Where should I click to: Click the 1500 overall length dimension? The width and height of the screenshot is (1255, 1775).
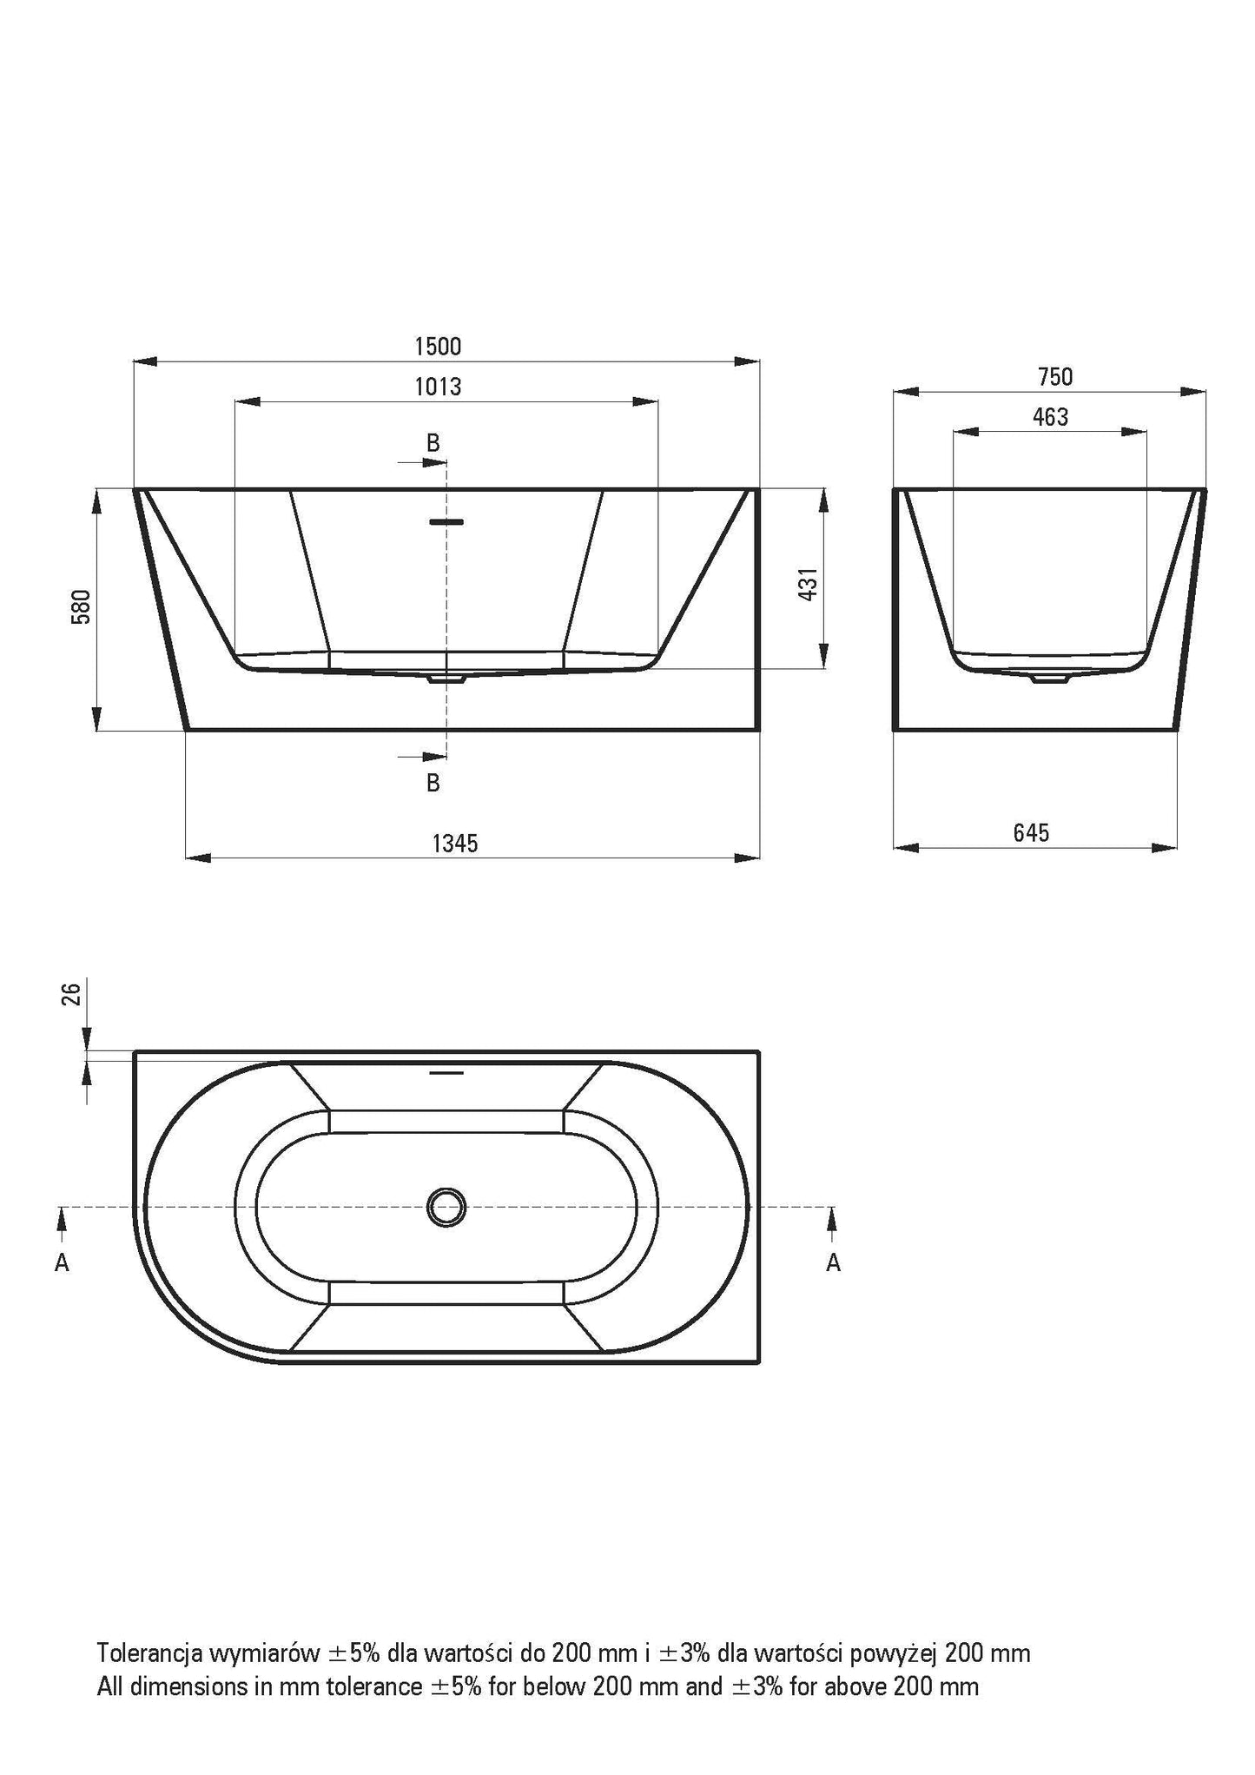coord(438,346)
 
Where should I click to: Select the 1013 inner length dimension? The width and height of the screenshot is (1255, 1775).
coord(438,387)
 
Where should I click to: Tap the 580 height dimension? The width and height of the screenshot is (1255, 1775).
coord(82,607)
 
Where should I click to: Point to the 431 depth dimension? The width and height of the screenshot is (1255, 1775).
coord(808,585)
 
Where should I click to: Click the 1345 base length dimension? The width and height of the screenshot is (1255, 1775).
coord(455,843)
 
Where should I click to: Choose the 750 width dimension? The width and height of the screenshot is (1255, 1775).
coord(1055,377)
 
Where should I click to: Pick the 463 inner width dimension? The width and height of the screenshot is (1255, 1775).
coord(1050,418)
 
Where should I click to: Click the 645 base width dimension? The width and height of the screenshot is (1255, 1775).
coord(1031,833)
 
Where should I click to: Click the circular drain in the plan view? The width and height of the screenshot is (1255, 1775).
coord(446,1207)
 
